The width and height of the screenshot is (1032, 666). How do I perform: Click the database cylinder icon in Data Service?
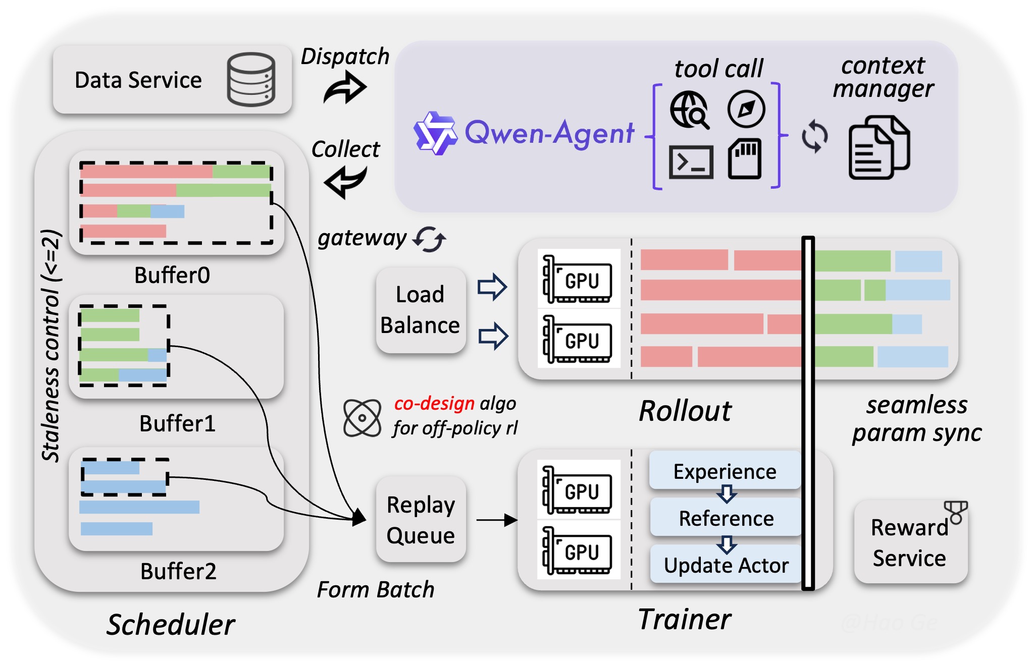251,79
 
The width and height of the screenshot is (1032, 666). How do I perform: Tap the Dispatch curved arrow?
345,87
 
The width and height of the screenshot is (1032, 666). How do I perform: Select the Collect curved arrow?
345,182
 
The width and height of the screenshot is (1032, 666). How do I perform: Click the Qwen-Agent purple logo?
434,133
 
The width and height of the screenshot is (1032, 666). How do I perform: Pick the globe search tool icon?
689,109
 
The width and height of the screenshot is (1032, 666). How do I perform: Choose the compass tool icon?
746,109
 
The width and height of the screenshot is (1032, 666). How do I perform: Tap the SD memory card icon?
745,158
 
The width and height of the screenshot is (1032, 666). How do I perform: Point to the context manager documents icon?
879,147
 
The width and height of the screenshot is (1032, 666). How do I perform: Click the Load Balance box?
420,310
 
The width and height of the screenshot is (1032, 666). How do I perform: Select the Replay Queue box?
420,520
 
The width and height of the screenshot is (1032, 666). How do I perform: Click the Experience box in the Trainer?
725,471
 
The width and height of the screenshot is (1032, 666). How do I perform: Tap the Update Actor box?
726,565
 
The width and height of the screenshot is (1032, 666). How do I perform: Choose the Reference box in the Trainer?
726,518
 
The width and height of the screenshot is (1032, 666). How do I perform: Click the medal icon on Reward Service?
955,512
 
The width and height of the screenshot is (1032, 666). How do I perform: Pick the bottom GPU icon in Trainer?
578,550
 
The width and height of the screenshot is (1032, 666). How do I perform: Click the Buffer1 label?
177,423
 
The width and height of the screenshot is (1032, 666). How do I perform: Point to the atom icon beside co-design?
362,418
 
